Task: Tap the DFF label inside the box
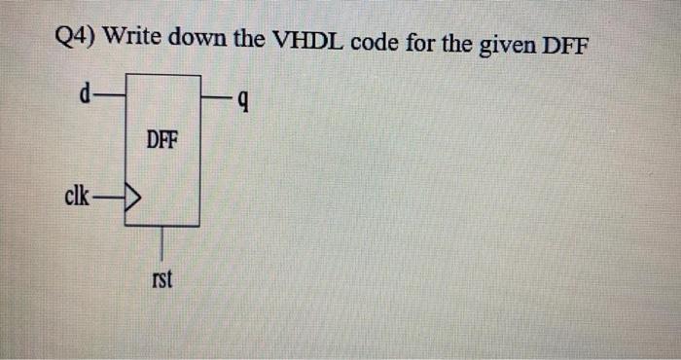point(161,140)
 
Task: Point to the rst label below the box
point(161,280)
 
